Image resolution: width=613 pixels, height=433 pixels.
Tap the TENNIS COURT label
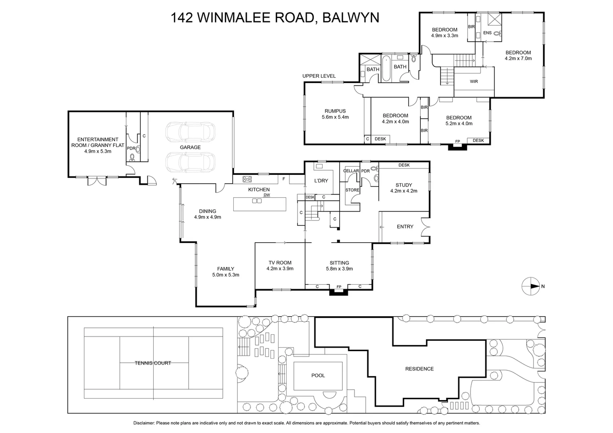click(x=153, y=363)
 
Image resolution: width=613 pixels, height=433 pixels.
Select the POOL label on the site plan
click(x=318, y=376)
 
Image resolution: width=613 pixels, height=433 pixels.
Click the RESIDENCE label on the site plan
click(x=419, y=369)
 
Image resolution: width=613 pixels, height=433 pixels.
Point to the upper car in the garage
click(x=190, y=131)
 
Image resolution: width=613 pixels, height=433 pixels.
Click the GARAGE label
click(x=190, y=148)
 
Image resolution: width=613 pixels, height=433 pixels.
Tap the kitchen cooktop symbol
click(x=247, y=179)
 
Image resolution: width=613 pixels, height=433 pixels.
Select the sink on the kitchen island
click(x=257, y=201)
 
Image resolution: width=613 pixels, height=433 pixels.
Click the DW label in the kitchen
click(x=267, y=195)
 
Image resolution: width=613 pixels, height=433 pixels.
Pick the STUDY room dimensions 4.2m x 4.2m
click(x=403, y=191)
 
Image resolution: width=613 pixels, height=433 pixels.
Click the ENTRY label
click(x=405, y=227)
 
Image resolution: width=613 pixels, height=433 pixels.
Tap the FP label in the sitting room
click(x=339, y=287)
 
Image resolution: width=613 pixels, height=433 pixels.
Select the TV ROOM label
click(x=280, y=263)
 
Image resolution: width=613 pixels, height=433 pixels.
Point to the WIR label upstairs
click(x=474, y=82)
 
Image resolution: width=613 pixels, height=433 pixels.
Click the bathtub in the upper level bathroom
click(x=386, y=69)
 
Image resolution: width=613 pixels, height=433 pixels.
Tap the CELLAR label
click(x=351, y=171)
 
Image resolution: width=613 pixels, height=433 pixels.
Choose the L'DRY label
click(x=321, y=181)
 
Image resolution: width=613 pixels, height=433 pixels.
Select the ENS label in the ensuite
click(x=487, y=33)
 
